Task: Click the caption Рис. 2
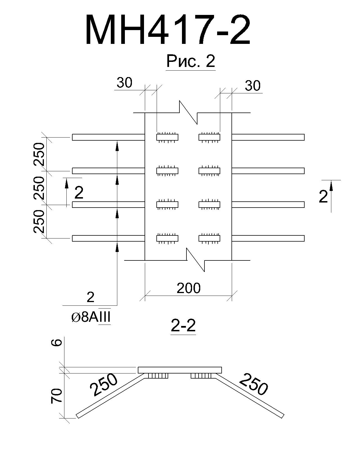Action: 191,61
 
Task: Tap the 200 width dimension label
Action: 188,288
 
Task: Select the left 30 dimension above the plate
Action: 125,82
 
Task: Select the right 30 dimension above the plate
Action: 253,85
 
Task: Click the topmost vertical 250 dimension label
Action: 39,154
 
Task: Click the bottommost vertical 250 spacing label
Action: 39,222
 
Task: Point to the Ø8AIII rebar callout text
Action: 91,318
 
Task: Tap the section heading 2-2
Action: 183,326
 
